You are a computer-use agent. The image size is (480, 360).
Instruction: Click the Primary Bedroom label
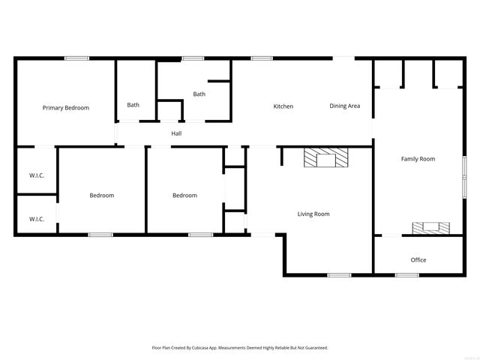pyautogui.click(x=65, y=108)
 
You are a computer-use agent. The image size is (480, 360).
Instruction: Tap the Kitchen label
pyautogui.click(x=283, y=106)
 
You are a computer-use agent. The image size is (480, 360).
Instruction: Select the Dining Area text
pyautogui.click(x=345, y=106)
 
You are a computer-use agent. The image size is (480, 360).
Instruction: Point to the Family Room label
pyautogui.click(x=418, y=159)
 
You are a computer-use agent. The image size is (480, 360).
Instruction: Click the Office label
pyautogui.click(x=418, y=260)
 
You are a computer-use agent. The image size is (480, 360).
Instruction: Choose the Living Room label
pyautogui.click(x=313, y=214)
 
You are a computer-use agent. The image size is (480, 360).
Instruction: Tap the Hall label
pyautogui.click(x=176, y=133)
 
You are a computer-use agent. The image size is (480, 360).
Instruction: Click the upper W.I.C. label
pyautogui.click(x=37, y=175)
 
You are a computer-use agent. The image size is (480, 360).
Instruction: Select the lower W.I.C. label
pyautogui.click(x=37, y=219)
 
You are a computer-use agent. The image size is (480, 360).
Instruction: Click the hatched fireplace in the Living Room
pyautogui.click(x=326, y=158)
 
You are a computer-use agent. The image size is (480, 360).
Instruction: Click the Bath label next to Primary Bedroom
pyautogui.click(x=133, y=105)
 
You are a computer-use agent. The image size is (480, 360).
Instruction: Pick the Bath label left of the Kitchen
pyautogui.click(x=199, y=94)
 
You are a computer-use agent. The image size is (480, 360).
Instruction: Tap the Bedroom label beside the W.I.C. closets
pyautogui.click(x=102, y=196)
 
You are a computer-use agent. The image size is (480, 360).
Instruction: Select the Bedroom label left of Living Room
pyautogui.click(x=184, y=196)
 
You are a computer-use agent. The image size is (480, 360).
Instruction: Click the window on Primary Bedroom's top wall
pyautogui.click(x=76, y=58)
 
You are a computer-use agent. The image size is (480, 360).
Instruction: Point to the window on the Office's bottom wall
pyautogui.click(x=407, y=274)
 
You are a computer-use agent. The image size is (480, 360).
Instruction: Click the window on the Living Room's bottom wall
pyautogui.click(x=339, y=274)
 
